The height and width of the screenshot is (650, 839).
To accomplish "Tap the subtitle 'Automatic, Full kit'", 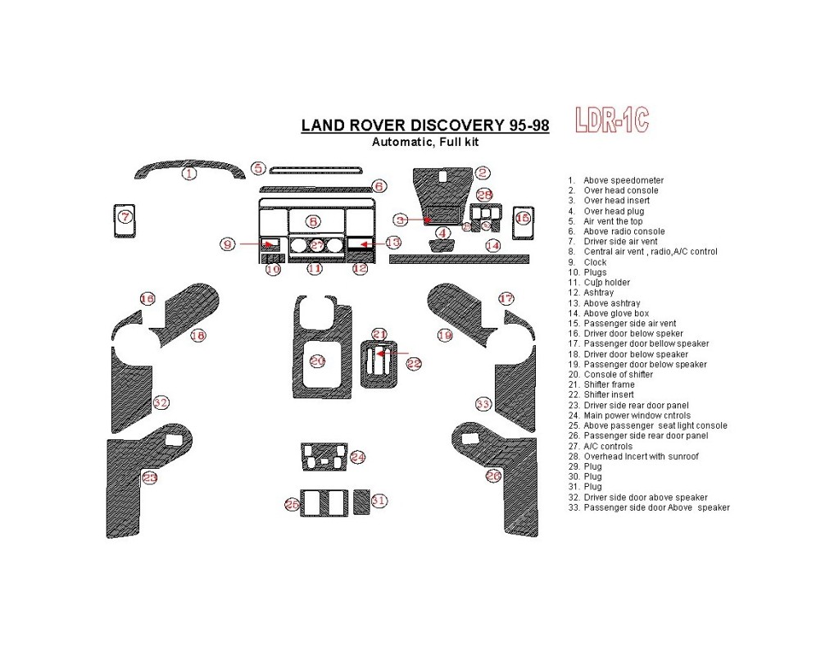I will (x=425, y=142).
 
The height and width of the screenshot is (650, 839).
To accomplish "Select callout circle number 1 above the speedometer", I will (x=189, y=174).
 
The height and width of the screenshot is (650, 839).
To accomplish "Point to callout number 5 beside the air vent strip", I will (x=258, y=169).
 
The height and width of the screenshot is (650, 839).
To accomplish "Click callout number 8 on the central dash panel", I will (x=313, y=221).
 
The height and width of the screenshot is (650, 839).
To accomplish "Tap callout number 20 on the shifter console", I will (x=317, y=361).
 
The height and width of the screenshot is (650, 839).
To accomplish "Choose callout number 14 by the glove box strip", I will (x=492, y=245).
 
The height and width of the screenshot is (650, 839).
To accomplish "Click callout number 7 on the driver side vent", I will (x=125, y=217).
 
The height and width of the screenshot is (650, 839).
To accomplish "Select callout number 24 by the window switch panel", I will (x=357, y=457).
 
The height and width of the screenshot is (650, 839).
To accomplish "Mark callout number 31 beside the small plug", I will (x=378, y=501).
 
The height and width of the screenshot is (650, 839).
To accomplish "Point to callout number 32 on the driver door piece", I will (x=161, y=402).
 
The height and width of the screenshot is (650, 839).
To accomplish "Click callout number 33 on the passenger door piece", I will (x=483, y=403).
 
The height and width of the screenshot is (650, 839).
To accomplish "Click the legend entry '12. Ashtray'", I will (x=601, y=293).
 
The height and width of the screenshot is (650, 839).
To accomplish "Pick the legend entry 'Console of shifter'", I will (x=618, y=375).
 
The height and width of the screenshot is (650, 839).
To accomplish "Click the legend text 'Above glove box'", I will (x=616, y=313).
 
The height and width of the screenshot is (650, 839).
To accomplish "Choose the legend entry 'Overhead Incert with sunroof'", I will (x=641, y=457).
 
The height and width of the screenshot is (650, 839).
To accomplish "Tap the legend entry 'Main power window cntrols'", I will (x=637, y=416).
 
